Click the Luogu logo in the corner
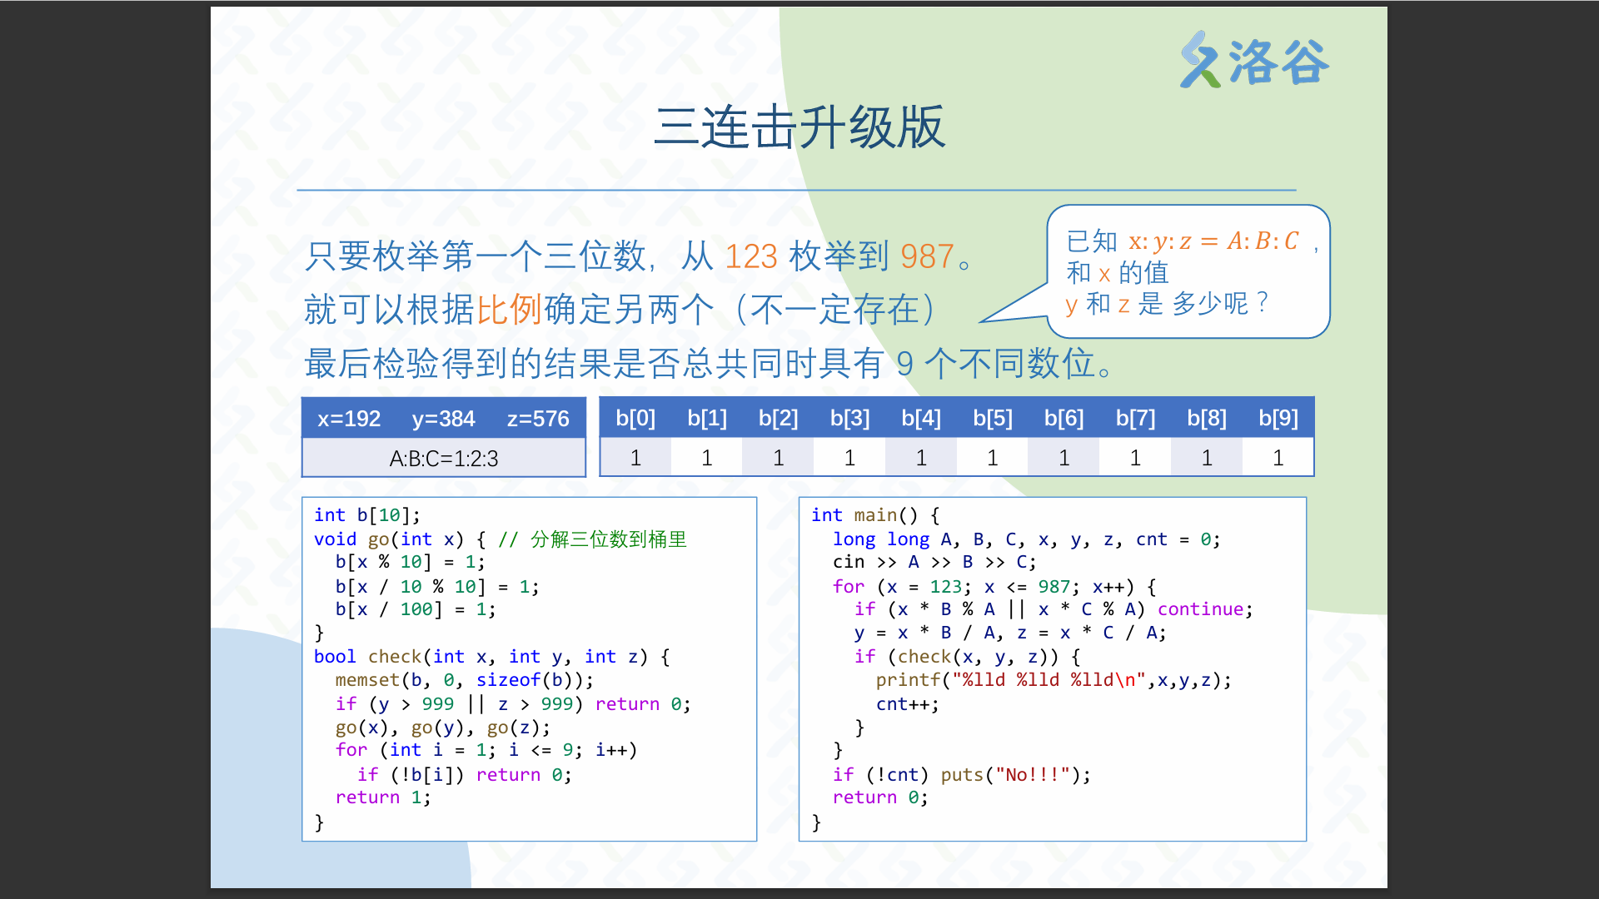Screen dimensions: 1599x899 coord(1253,60)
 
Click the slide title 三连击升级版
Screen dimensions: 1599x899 coord(799,127)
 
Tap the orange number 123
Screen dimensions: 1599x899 coord(751,256)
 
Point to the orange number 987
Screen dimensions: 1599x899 coord(927,256)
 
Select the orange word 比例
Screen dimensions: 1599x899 coord(509,310)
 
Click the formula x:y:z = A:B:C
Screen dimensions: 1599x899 coord(1213,241)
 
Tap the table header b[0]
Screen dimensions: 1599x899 coord(635,418)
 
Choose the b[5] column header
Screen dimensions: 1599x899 coord(993,418)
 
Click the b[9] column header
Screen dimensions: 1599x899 coord(1278,418)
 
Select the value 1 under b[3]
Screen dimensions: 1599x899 coord(849,458)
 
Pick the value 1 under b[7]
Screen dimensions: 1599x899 coord(1135,458)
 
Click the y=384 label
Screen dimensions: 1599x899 coord(443,419)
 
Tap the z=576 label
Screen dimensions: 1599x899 coord(538,419)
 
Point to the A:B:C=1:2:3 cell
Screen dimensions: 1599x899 coord(444,459)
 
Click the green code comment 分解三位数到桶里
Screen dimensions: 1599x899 coord(609,539)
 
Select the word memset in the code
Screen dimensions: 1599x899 coord(367,680)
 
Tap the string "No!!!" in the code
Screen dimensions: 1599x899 coord(1033,775)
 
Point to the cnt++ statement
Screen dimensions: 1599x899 coord(907,704)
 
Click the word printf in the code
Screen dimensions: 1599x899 coord(908,680)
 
